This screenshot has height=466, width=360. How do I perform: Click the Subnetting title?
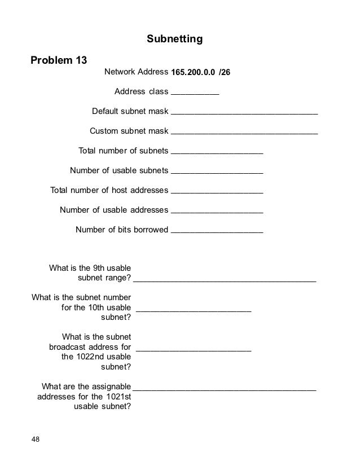click(x=174, y=39)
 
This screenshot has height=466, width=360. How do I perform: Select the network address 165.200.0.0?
click(x=192, y=73)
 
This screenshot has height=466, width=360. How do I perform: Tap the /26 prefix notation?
click(x=224, y=73)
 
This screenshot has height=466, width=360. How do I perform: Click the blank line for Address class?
click(x=195, y=93)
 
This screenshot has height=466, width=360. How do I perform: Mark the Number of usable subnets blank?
click(x=217, y=171)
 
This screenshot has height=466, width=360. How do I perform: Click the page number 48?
click(x=36, y=439)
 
